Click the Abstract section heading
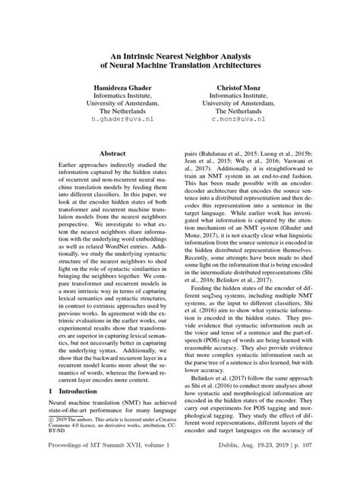(x=112, y=153)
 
